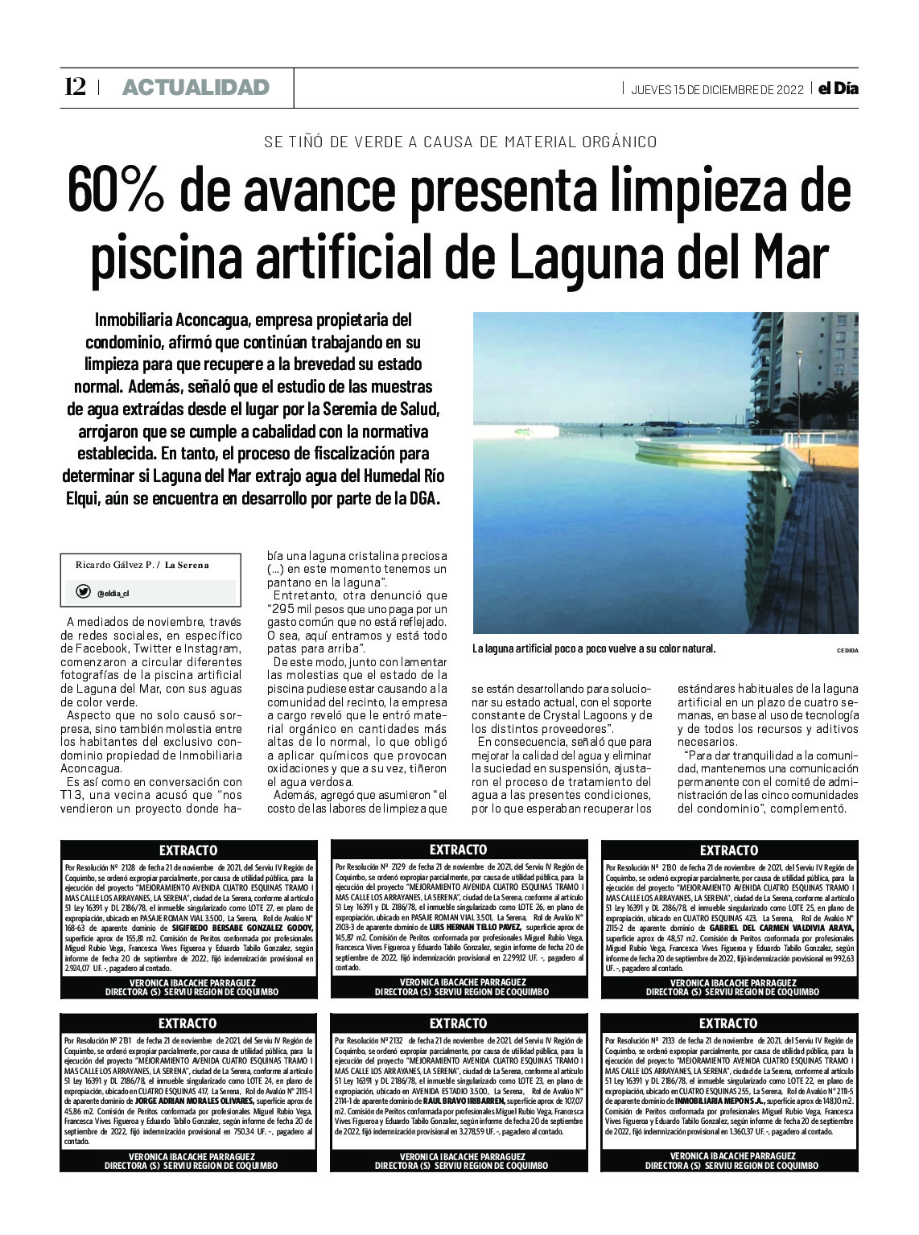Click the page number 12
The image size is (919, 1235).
[x=75, y=87]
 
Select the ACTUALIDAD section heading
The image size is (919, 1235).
[x=196, y=88]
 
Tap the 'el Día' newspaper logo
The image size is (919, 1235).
[x=838, y=89]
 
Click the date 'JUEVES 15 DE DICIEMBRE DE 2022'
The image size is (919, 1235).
[x=717, y=89]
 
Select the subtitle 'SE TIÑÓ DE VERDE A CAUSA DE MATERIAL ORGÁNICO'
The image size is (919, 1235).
[x=460, y=142]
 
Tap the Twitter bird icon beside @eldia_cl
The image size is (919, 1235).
[x=83, y=591]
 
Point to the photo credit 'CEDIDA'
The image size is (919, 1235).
[x=847, y=649]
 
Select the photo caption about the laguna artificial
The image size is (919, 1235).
[x=593, y=648]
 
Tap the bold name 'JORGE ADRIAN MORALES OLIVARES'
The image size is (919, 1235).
[x=206, y=1101]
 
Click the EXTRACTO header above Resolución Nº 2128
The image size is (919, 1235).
[x=188, y=850]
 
